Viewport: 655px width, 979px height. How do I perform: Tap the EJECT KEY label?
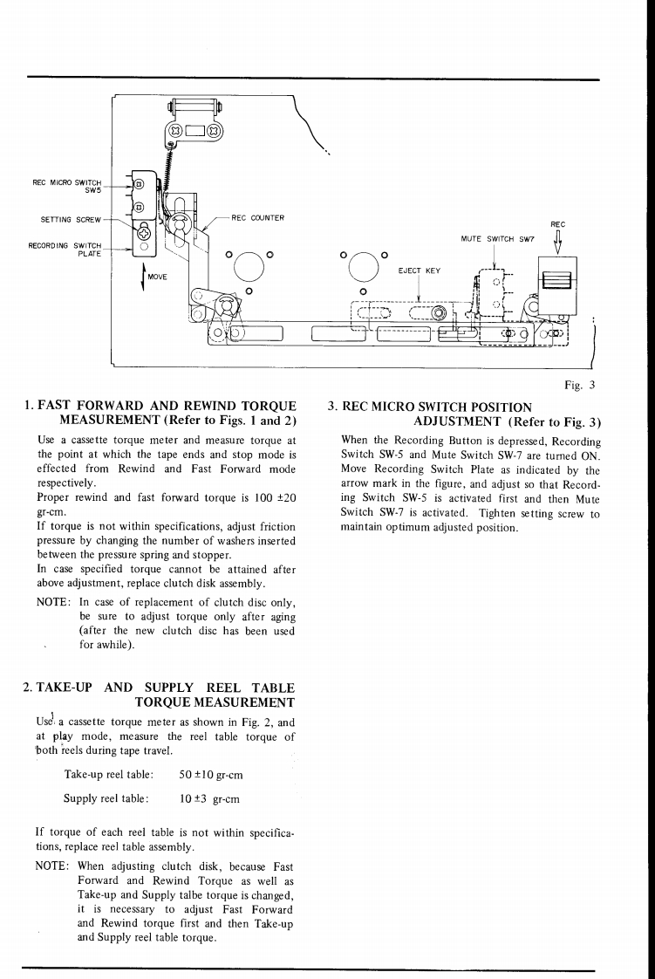click(419, 270)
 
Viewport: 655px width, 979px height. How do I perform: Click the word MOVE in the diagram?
click(157, 277)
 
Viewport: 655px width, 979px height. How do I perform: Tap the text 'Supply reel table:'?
click(106, 798)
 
